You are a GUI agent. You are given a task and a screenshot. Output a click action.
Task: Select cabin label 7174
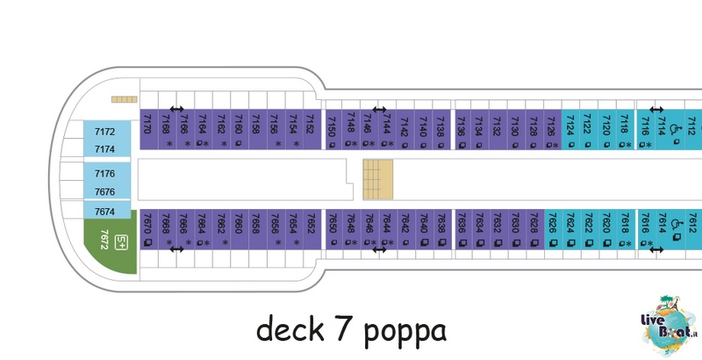click(104, 149)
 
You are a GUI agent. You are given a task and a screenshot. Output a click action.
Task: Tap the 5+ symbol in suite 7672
click(121, 242)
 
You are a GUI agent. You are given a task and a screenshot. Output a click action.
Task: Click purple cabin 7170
click(149, 129)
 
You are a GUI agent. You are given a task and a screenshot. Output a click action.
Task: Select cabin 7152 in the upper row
click(312, 129)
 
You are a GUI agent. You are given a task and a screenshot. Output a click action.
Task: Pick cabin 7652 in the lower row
click(312, 229)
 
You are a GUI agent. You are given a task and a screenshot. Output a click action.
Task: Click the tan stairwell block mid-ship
click(378, 179)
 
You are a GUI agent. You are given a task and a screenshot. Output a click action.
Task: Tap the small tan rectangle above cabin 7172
click(125, 99)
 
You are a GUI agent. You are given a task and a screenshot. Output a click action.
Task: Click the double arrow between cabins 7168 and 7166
click(177, 109)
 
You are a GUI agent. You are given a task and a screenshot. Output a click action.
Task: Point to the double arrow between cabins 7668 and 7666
click(177, 249)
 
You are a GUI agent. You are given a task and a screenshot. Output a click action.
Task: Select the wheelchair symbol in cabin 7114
click(674, 129)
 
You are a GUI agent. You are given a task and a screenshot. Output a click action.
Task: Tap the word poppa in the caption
click(405, 332)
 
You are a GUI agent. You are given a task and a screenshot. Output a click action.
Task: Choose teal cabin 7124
click(570, 129)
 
